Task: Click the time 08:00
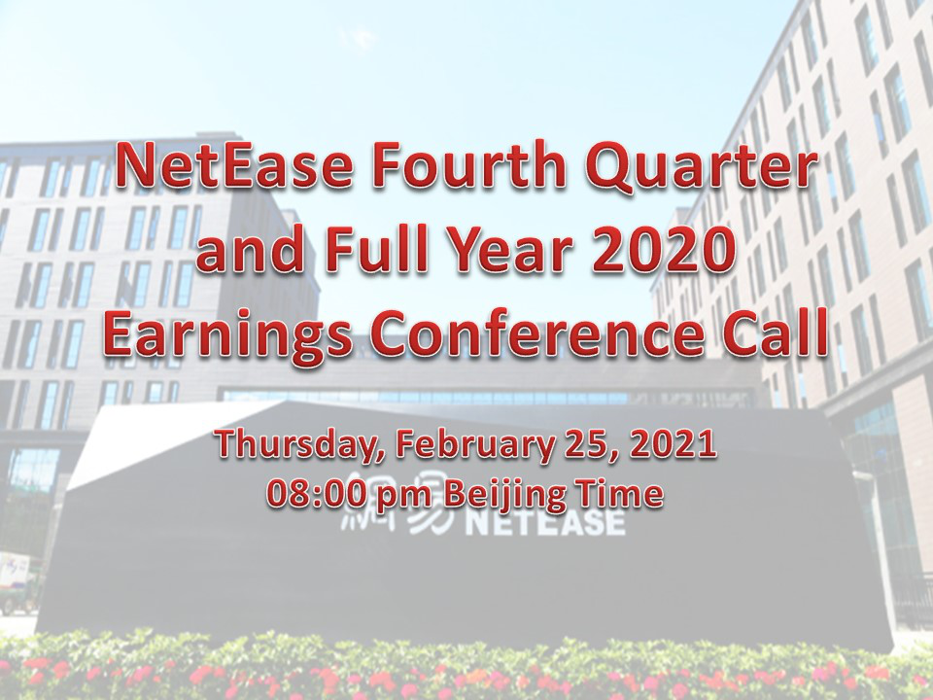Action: [314, 494]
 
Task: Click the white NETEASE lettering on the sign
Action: [544, 524]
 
